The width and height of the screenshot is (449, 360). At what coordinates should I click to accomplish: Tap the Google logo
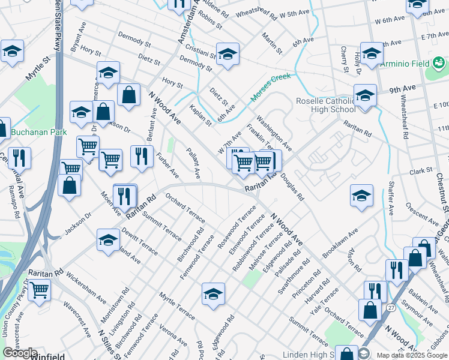pyautogui.click(x=20, y=353)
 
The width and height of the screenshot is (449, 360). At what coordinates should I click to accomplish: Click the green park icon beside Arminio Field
pyautogui.click(x=438, y=62)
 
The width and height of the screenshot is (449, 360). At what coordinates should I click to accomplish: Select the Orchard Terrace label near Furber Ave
pyautogui.click(x=185, y=205)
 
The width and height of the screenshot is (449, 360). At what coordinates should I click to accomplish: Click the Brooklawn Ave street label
pyautogui.click(x=340, y=242)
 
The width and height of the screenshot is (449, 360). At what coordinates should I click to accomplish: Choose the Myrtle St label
pyautogui.click(x=36, y=70)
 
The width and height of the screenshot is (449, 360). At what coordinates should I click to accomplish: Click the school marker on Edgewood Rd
pyautogui.click(x=213, y=294)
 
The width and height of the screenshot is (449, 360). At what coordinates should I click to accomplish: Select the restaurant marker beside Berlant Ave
pyautogui.click(x=141, y=157)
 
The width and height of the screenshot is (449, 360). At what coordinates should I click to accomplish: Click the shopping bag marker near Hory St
pyautogui.click(x=128, y=94)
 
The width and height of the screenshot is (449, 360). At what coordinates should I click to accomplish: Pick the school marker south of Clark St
pyautogui.click(x=361, y=196)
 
